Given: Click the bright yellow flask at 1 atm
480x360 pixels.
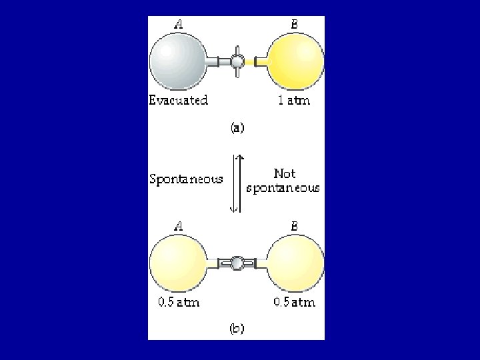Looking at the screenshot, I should (x=296, y=61).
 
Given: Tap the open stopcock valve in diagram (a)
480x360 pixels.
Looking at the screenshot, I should (x=237, y=62).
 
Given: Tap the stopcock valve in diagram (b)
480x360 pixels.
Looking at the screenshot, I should (x=236, y=263).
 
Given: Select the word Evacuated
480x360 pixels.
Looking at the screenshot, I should (x=178, y=101).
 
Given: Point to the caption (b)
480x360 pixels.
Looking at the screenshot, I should (x=236, y=328).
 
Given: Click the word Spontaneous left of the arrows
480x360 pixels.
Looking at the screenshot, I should (x=185, y=179).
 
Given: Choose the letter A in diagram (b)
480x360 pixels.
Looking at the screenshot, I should (x=179, y=226).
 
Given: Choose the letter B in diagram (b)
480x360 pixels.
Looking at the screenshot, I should (x=294, y=226).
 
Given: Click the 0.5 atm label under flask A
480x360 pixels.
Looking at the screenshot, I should (x=178, y=302).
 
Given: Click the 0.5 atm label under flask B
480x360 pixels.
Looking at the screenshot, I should (x=293, y=302).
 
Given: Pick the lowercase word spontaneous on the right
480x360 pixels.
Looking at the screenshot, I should (x=283, y=189).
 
